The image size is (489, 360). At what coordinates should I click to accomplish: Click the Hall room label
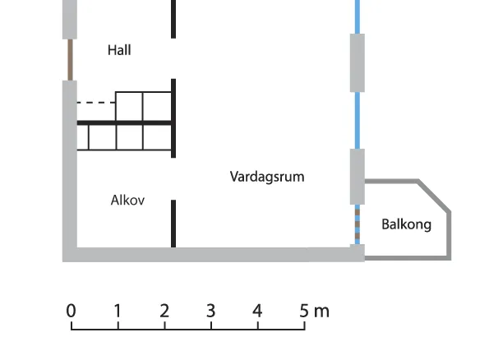119,50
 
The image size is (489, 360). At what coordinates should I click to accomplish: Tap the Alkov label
127,200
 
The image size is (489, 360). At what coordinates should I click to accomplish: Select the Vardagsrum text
267,177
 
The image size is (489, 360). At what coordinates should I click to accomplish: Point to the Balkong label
406,224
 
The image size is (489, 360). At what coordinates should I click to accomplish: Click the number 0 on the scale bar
72,311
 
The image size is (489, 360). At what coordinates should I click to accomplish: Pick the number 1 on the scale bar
118,311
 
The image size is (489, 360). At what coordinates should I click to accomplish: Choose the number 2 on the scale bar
164,311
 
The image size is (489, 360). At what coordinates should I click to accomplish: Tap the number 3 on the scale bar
211,311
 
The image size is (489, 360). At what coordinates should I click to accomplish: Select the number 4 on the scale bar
257,311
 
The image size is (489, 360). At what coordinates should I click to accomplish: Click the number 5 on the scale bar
304,311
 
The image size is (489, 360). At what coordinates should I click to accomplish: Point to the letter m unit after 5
321,312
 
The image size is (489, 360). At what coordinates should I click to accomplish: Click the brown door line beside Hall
71,60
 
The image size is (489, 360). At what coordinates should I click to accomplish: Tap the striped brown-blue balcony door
358,224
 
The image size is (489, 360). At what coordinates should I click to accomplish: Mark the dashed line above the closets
96,102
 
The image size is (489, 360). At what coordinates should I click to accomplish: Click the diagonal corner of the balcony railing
435,196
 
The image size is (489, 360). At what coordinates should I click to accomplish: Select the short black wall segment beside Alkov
173,224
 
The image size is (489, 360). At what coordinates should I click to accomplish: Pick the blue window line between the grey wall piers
358,121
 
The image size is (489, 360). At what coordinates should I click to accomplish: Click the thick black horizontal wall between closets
124,123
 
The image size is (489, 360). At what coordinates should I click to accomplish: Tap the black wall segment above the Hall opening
173,19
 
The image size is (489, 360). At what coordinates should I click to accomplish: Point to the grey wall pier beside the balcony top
358,177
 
